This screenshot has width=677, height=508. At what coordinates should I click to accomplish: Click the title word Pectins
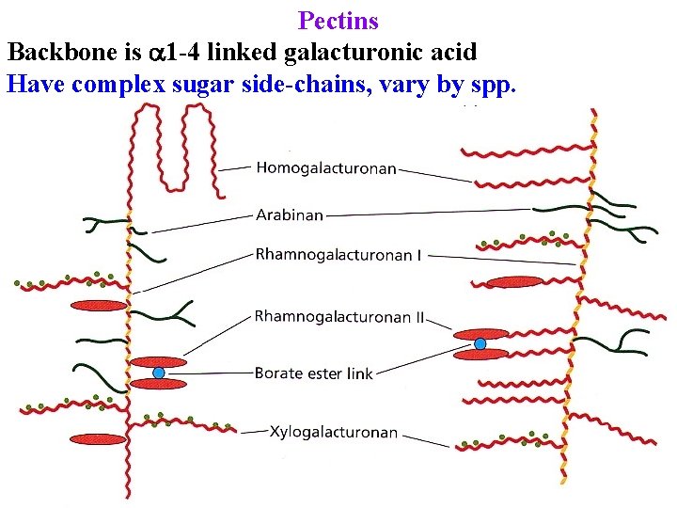[x=338, y=21]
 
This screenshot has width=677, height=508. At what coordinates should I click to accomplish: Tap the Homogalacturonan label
[x=326, y=168]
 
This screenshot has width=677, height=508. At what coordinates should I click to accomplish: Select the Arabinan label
[x=290, y=215]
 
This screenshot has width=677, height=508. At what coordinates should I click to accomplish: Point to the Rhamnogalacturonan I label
[x=338, y=255]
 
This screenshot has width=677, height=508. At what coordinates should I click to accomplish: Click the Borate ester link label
[x=313, y=373]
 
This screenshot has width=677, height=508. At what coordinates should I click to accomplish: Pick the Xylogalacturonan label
[x=333, y=433]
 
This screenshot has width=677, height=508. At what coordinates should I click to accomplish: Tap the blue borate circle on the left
[x=158, y=373]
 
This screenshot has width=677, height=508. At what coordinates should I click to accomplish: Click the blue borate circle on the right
[x=480, y=343]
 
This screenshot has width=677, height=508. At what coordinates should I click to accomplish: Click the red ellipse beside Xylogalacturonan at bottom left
[x=97, y=439]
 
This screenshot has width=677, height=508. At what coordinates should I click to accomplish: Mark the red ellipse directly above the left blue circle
[x=158, y=361]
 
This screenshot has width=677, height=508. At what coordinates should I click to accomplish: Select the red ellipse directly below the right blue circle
[x=481, y=355]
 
